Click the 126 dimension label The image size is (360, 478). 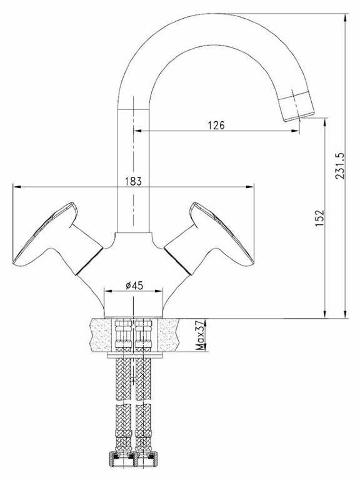click(x=216, y=125)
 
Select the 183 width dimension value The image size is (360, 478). click(x=134, y=181)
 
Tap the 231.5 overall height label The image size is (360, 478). click(x=340, y=166)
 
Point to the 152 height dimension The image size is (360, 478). click(x=319, y=218)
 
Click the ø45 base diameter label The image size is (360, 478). click(x=134, y=286)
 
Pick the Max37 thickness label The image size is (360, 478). click(x=200, y=336)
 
